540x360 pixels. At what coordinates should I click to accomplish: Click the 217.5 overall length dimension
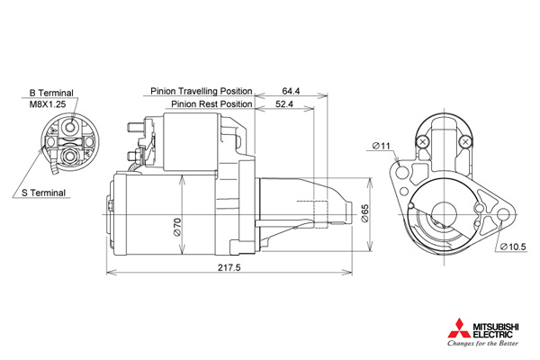[x=229, y=267]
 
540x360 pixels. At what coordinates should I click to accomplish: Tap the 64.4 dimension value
[x=291, y=91]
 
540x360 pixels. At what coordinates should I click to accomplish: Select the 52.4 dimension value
[x=284, y=103]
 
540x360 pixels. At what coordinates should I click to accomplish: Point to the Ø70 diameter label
[x=177, y=228]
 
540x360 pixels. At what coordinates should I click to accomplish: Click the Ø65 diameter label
[x=364, y=213]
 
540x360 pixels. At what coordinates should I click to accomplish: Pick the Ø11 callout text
[x=382, y=146]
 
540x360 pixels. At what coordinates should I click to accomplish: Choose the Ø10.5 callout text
[x=514, y=247]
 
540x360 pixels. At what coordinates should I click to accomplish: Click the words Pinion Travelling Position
[x=202, y=91]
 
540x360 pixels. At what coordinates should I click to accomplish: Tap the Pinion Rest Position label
[x=211, y=103]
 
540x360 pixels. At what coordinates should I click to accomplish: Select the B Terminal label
[x=51, y=93]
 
